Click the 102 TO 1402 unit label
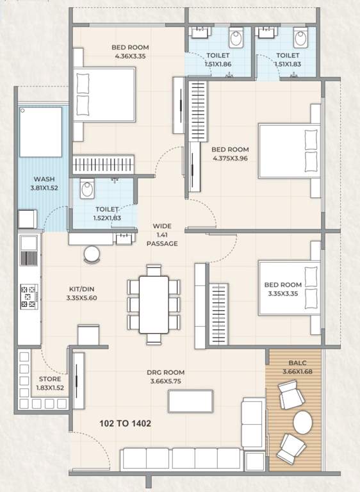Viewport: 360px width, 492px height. (x=125, y=423)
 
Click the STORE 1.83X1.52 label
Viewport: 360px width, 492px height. (x=49, y=383)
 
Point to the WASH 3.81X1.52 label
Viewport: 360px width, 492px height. (x=43, y=184)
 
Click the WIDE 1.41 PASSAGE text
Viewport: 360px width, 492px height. (x=161, y=234)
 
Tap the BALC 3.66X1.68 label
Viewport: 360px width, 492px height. (x=295, y=366)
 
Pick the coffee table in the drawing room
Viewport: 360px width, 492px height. (x=191, y=401)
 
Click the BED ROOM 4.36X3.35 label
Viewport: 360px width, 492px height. (x=130, y=51)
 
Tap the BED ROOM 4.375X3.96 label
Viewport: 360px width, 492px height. (x=230, y=153)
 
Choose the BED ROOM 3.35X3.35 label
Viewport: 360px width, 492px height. (x=282, y=289)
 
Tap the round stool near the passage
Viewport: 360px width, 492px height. (x=92, y=254)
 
